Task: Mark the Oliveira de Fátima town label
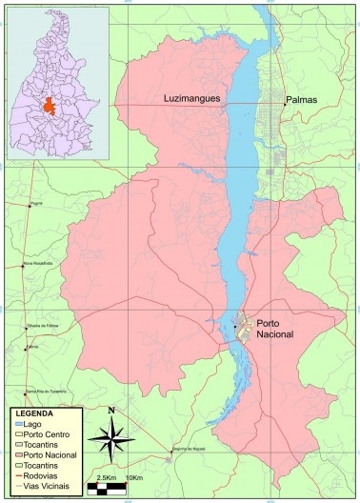[43, 327]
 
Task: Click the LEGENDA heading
[34, 414]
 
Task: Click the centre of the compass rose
[112, 440]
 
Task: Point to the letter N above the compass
[112, 412]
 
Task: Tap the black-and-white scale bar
[107, 488]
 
